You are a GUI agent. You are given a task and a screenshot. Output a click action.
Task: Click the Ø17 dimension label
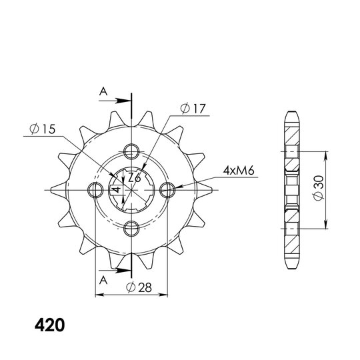(x=193, y=109)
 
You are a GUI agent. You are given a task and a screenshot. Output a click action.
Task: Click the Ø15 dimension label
(x=43, y=129)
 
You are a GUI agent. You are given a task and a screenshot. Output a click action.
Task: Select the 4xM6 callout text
(x=239, y=171)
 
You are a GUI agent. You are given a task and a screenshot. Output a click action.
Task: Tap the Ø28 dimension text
(x=139, y=287)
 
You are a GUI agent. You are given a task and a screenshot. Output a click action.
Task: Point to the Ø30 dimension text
(x=319, y=188)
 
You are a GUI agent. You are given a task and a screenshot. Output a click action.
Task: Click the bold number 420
(x=49, y=325)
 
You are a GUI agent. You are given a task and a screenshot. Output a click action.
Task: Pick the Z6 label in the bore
(x=134, y=178)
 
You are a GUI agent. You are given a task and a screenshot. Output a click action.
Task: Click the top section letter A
(x=103, y=92)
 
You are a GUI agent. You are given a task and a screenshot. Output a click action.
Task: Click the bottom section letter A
(x=103, y=280)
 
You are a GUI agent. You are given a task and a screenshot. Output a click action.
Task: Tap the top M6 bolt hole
(x=131, y=151)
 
